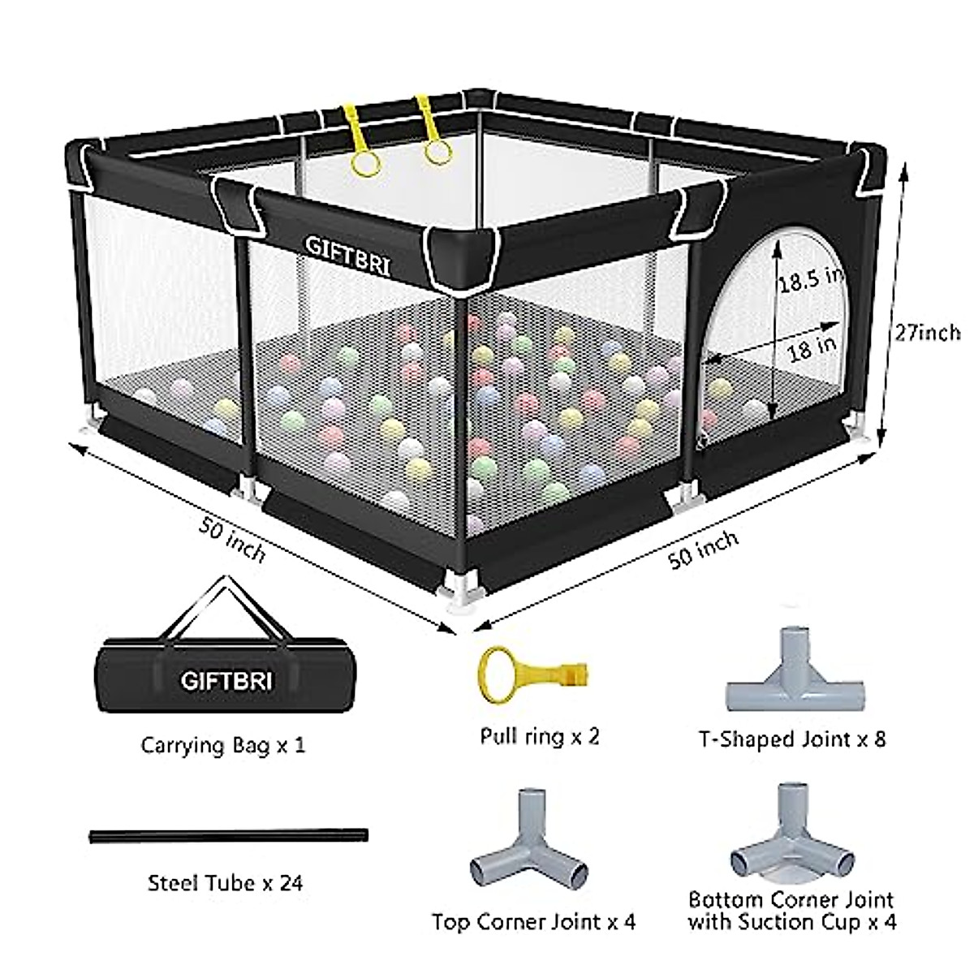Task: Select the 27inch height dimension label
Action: point(927,332)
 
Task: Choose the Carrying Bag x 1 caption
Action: point(223,744)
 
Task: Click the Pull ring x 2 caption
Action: point(539,737)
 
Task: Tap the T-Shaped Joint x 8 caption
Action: point(792,739)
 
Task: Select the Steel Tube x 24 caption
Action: point(225,882)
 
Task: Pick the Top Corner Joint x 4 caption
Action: point(533,922)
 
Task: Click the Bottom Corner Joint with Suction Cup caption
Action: point(791,911)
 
